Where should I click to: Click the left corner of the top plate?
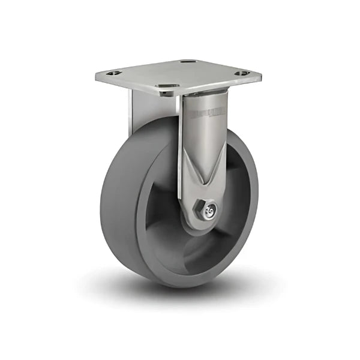coord(96,76)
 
